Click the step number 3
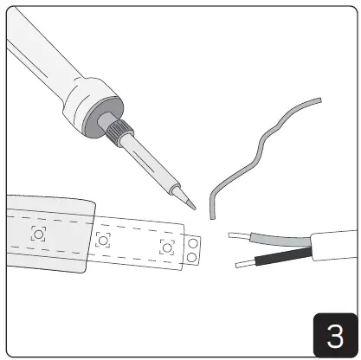pyautogui.click(x=333, y=334)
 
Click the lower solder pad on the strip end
pyautogui.click(x=192, y=258)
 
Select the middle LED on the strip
pyautogui.click(x=103, y=240)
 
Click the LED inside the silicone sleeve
pyautogui.click(x=38, y=233)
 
